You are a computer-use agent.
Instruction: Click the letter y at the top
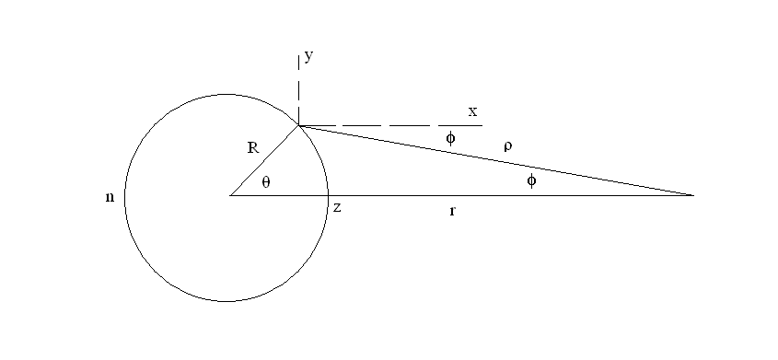point(309,57)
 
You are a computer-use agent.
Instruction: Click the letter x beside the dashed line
point(472,112)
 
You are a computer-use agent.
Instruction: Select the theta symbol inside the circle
point(266,182)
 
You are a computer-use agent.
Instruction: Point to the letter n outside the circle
point(110,197)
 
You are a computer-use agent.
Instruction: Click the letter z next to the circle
point(338,208)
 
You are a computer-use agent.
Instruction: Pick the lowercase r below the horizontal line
point(452,212)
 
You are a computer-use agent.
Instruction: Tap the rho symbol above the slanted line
point(507,145)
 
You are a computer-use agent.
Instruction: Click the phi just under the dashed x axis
point(450,138)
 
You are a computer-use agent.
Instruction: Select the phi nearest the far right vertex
point(531,180)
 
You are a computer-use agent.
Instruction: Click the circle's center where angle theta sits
point(230,195)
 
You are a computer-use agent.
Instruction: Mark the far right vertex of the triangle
point(692,195)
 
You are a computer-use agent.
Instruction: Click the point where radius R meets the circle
point(298,125)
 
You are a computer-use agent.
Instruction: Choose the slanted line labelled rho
point(497,160)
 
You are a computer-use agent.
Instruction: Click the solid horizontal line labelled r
point(506,195)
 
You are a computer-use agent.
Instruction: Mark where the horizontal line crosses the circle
point(329,195)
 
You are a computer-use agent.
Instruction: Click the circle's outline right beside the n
point(125,197)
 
